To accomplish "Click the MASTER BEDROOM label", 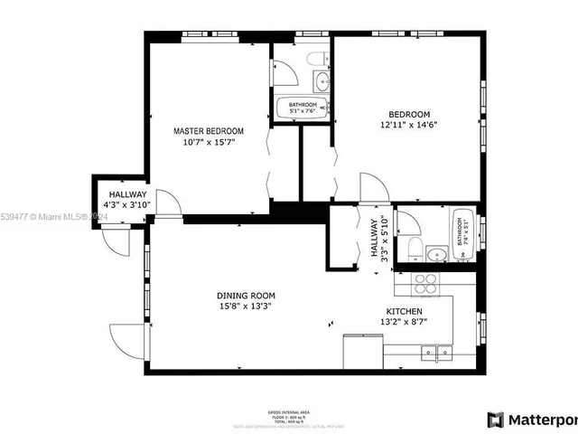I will [209, 131].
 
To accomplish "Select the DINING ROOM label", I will [246, 296].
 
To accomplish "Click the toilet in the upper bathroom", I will [314, 60].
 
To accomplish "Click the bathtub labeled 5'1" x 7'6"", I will [303, 108].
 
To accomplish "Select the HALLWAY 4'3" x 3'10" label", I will [127, 200].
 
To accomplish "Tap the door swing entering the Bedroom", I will [371, 188].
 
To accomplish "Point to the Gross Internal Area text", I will [287, 410].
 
